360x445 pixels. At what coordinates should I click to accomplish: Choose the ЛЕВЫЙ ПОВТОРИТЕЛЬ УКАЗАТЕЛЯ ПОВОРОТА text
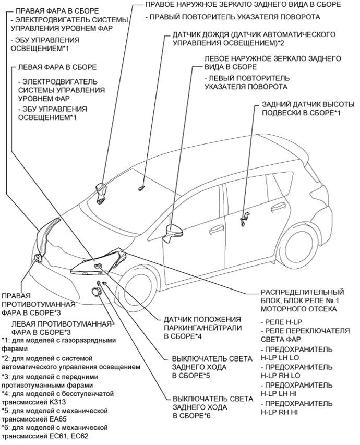point(247,82)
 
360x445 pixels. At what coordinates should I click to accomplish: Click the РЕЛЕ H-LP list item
point(282,324)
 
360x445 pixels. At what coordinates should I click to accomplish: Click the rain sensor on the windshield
point(141,186)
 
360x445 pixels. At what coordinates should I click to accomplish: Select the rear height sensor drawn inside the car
point(245,219)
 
